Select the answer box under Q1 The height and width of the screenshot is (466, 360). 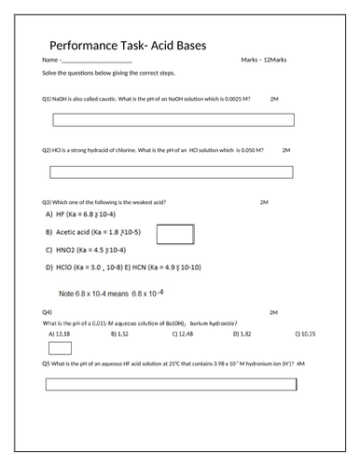pos(173,119)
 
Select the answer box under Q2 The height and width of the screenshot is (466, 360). pos(173,171)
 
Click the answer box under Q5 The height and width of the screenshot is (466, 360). pos(173,384)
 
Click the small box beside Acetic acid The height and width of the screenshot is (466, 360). pos(174,234)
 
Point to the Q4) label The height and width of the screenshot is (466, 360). pos(48,311)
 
